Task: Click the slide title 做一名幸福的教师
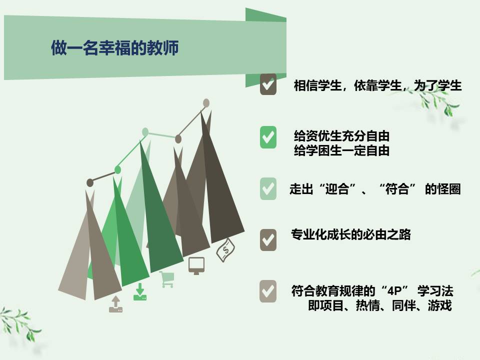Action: tap(115, 48)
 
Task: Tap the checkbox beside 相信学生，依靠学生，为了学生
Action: tap(268, 84)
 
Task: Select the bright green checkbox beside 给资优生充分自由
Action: tap(268, 137)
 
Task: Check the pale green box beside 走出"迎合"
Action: tap(268, 188)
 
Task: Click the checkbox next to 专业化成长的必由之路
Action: tap(268, 240)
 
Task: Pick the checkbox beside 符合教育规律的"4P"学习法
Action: tap(268, 291)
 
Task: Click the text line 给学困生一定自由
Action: tap(341, 150)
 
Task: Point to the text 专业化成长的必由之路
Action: tap(351, 234)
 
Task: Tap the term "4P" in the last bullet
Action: tap(394, 290)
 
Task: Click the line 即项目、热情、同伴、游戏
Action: tap(380, 305)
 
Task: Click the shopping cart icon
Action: tap(167, 279)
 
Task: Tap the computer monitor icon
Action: tap(196, 265)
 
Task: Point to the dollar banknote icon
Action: tap(225, 250)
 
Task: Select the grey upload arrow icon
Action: tap(115, 304)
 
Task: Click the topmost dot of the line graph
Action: tap(206, 103)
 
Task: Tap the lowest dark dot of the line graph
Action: tap(89, 183)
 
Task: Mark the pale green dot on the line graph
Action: tap(145, 132)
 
